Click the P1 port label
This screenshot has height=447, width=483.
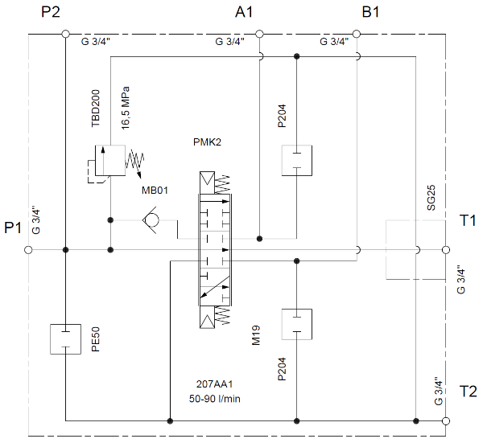coord(13,228)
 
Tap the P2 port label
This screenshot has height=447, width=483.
coord(52,13)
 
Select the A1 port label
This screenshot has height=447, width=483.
coord(244,13)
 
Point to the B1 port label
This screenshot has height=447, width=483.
coord(372,13)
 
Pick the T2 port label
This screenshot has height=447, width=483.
coord(468,392)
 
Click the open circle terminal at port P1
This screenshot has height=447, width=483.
coord(29,250)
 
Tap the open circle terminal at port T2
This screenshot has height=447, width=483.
coord(447,420)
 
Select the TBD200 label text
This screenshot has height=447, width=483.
coord(96,109)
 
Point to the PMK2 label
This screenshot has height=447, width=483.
coord(207,142)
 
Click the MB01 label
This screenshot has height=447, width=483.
coord(156,191)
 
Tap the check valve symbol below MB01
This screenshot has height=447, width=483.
coord(151,219)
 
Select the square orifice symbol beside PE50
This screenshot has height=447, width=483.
coord(65,338)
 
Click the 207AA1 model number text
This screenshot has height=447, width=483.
coord(213,383)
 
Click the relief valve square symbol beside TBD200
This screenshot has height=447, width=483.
coord(110,159)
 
